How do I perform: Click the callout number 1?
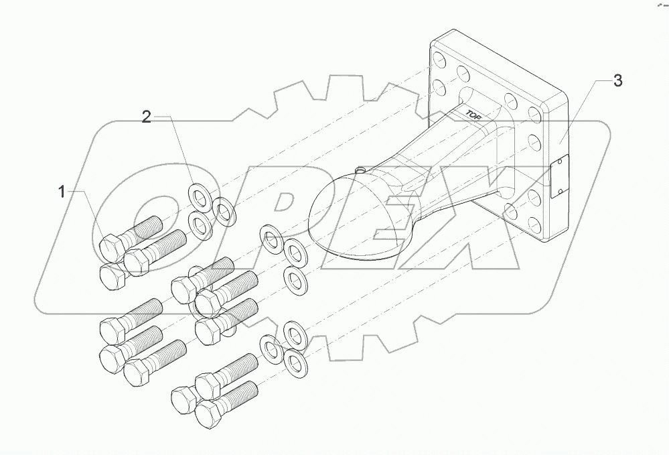pyautogui.click(x=61, y=192)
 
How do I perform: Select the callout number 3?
pyautogui.click(x=617, y=81)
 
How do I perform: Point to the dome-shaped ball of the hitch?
pyautogui.click(x=349, y=214)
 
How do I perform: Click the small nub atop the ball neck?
pyautogui.click(x=362, y=170)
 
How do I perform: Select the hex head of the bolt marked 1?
pyautogui.click(x=110, y=249)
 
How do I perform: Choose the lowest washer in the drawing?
pyautogui.click(x=295, y=363)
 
